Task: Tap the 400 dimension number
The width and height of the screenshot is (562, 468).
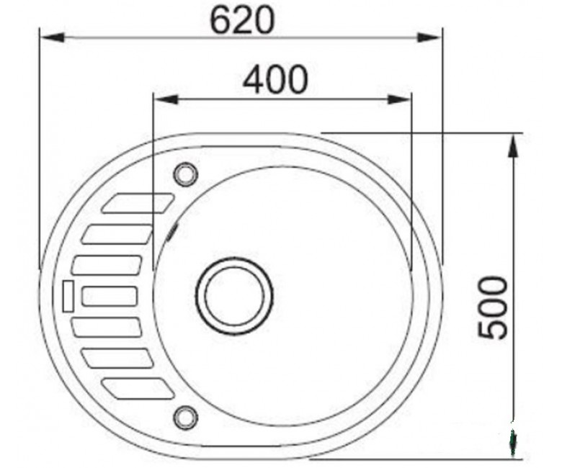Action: point(275,78)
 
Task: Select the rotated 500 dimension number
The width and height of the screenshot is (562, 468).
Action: point(493,307)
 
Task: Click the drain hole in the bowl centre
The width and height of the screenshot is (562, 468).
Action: point(234,296)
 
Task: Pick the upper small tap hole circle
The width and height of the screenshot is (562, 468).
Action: point(186,174)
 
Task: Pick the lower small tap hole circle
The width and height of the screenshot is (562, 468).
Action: point(186,417)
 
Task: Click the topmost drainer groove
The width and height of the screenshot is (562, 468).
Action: point(138,203)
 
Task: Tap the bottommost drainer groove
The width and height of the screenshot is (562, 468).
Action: point(138,389)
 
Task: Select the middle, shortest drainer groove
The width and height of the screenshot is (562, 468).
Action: point(110,296)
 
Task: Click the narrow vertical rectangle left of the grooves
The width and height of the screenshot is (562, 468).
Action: point(68,296)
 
